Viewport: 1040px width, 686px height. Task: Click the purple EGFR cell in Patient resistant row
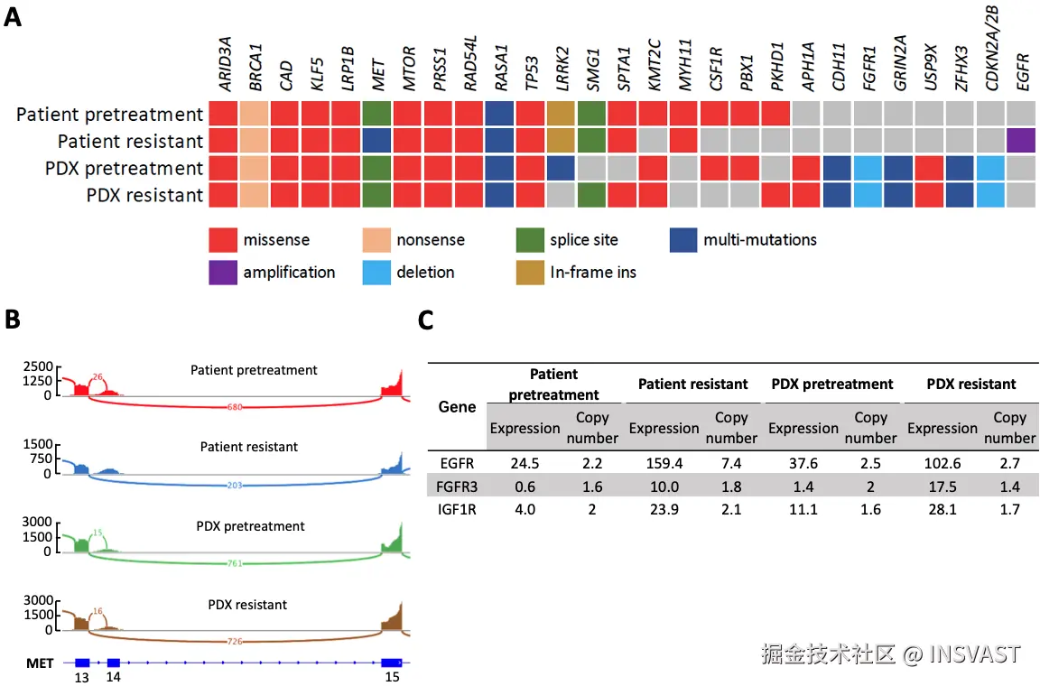point(1020,141)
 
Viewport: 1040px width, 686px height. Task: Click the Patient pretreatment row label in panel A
point(109,115)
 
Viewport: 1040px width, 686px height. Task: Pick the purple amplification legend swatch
point(222,272)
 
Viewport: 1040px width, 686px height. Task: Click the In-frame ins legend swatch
point(530,272)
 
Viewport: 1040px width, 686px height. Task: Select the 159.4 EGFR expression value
point(664,465)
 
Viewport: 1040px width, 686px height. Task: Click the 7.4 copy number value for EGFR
point(731,465)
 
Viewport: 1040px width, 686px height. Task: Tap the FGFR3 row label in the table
point(457,487)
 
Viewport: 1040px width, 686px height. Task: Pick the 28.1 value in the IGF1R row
point(943,510)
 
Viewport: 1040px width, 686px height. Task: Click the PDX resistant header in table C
point(971,384)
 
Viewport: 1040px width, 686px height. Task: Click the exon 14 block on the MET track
point(114,663)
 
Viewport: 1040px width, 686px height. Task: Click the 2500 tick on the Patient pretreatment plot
point(41,366)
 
